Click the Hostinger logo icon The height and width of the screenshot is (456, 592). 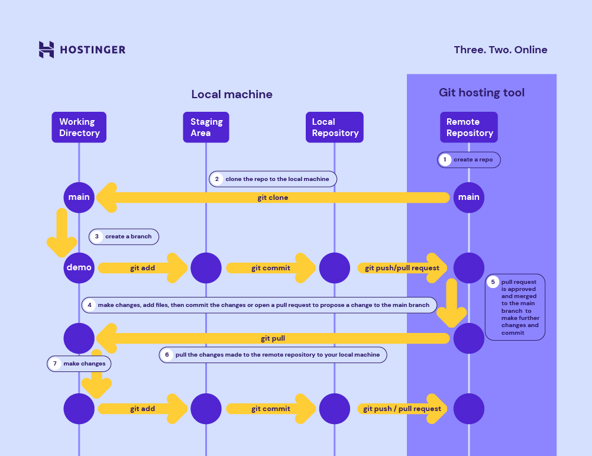click(x=47, y=50)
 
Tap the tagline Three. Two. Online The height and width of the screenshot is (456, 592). click(x=500, y=50)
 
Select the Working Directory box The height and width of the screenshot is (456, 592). click(x=79, y=127)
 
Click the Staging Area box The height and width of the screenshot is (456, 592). click(x=206, y=127)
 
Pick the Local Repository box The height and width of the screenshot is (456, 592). click(x=335, y=127)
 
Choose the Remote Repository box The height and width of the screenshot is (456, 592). click(x=469, y=127)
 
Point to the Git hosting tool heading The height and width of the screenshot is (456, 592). click(x=481, y=93)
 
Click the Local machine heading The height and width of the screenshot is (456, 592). click(x=232, y=95)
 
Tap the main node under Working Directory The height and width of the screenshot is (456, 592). click(x=79, y=197)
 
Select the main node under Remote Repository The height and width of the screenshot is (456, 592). click(x=469, y=197)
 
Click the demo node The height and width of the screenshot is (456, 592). click(x=79, y=267)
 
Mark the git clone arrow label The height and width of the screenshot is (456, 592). click(x=273, y=198)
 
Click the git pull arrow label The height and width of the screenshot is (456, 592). click(x=273, y=339)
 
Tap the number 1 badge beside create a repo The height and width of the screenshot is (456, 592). click(x=445, y=160)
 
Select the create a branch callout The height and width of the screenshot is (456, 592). click(x=124, y=237)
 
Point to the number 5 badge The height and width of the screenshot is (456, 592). click(x=493, y=282)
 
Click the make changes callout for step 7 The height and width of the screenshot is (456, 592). click(x=80, y=364)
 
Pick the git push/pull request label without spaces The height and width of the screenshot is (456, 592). click(x=402, y=268)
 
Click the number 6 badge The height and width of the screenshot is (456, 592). click(x=167, y=355)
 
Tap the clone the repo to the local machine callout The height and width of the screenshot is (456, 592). click(x=273, y=179)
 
